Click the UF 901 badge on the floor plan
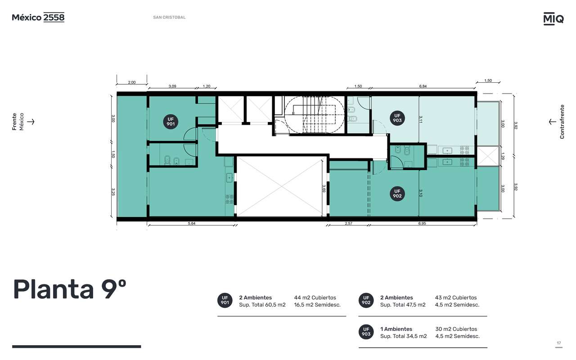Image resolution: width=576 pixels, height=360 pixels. [x=171, y=121]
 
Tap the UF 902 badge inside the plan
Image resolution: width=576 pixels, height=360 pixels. [x=397, y=193]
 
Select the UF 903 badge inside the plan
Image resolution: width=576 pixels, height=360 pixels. [x=397, y=118]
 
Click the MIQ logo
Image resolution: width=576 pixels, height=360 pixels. [x=553, y=19]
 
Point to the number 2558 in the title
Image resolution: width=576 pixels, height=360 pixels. [x=54, y=17]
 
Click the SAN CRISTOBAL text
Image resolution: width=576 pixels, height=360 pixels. [x=169, y=17]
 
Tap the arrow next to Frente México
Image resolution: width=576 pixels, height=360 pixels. [x=31, y=121]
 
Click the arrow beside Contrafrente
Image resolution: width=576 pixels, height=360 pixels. [x=552, y=121]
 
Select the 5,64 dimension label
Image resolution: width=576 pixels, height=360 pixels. [x=191, y=223]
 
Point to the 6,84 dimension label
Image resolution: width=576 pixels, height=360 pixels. [x=423, y=86]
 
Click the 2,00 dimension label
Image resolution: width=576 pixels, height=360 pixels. [x=132, y=82]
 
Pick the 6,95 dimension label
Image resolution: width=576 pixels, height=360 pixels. [x=422, y=223]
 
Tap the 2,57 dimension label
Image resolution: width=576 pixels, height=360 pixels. [x=348, y=223]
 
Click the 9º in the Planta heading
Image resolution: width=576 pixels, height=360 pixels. [x=113, y=289]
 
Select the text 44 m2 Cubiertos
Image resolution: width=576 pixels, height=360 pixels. [x=315, y=297]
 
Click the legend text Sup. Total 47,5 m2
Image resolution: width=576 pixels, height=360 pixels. [x=403, y=305]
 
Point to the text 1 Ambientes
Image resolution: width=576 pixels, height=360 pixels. [x=396, y=329]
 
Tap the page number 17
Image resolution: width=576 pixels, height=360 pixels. [x=559, y=343]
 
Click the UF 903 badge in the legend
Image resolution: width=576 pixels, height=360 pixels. [x=366, y=332]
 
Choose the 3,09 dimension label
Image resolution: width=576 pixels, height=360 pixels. [x=172, y=86]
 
